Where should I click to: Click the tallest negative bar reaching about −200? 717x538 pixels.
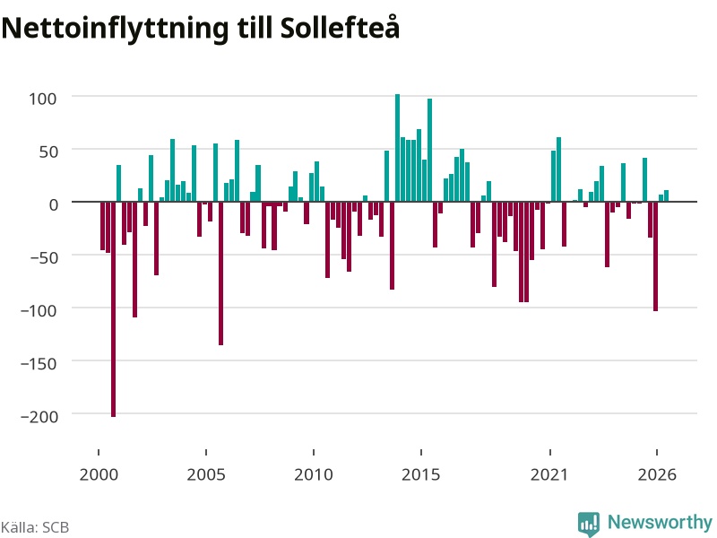coord(114,309)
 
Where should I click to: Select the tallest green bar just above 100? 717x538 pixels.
coord(397,148)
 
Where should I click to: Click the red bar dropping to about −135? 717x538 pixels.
coord(220,273)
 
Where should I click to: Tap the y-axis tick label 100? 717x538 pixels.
coord(42,99)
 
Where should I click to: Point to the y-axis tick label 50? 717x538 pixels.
coord(48,152)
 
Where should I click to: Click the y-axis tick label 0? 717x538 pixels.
coord(54,204)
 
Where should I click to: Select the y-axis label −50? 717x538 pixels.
coord(44,257)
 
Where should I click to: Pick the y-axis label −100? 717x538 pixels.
coord(39,310)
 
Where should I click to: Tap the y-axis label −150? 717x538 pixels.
coord(39,364)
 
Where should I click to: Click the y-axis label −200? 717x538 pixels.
coord(39,416)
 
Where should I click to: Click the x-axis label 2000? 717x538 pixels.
coord(99,474)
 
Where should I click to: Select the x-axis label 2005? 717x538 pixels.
coord(206,474)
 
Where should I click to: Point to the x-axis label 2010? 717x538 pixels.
coord(314,474)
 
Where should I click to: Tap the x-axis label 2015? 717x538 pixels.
coord(421,474)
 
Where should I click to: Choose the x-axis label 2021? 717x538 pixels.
coord(549,474)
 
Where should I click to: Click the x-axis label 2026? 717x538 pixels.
coord(657,474)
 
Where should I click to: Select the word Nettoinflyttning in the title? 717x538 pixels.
coord(115,29)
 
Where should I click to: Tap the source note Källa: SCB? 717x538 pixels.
coord(35,527)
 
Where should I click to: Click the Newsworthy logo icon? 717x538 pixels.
coord(589,524)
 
